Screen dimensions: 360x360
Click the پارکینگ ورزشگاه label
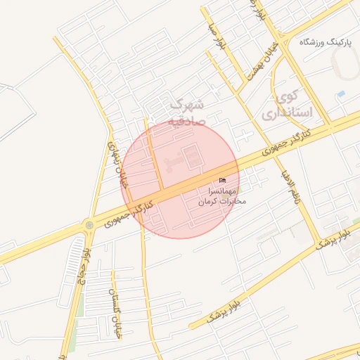click(324, 42)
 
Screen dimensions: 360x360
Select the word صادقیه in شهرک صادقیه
click(186, 120)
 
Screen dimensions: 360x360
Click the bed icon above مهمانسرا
click(223, 181)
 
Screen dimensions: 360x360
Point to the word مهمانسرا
click(224, 191)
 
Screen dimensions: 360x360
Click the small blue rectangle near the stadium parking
click(341, 94)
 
